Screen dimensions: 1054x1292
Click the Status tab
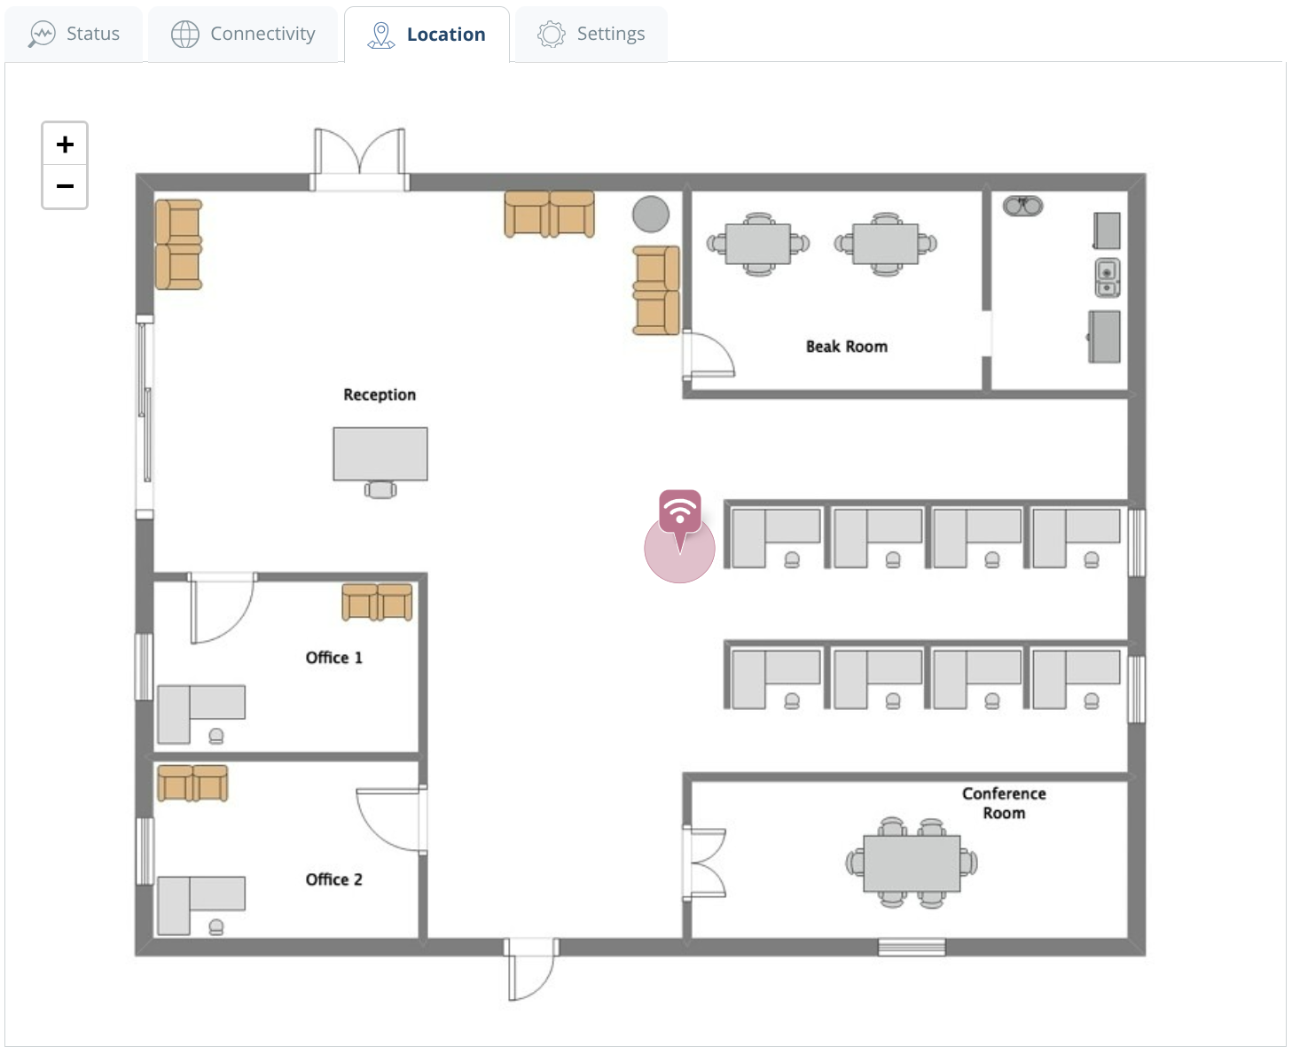tap(74, 35)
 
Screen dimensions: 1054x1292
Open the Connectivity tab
tap(244, 35)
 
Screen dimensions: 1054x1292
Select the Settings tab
tap(591, 35)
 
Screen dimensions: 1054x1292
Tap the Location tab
tap(427, 35)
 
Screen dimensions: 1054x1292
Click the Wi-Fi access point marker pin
tap(680, 511)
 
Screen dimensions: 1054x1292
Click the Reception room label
tap(380, 394)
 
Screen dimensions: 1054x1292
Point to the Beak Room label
tap(846, 347)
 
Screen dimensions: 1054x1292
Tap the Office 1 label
tap(333, 658)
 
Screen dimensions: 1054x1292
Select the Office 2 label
tap(333, 879)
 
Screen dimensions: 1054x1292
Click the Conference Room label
tap(1004, 803)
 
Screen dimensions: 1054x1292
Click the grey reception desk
tap(380, 454)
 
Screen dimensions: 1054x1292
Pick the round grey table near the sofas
tap(651, 214)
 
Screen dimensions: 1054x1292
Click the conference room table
tap(912, 863)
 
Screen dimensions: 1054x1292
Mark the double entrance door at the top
tap(359, 160)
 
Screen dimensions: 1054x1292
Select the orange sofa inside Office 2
tap(192, 784)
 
